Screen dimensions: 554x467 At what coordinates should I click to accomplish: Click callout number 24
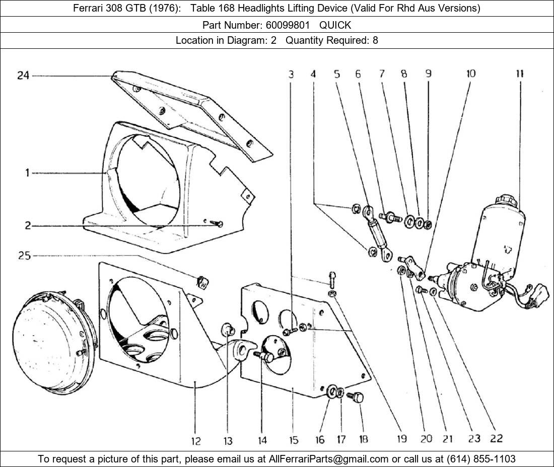(23, 75)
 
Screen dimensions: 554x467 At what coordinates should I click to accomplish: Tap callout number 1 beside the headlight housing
(27, 173)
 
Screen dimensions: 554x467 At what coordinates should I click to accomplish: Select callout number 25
(24, 256)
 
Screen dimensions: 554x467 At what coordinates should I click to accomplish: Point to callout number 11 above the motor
(520, 74)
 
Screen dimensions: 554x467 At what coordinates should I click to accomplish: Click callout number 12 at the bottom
(196, 441)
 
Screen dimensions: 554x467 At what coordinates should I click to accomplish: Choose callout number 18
(363, 439)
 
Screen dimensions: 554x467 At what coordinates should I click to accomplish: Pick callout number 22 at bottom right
(496, 438)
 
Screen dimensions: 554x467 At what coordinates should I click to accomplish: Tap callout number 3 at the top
(291, 74)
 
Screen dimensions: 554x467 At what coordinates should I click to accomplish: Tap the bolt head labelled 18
(357, 398)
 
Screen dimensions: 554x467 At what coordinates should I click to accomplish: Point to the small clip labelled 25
(202, 282)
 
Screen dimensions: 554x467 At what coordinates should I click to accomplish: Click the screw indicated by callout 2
(216, 223)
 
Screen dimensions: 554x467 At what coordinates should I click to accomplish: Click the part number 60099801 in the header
(288, 25)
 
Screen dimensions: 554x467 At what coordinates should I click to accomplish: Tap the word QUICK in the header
(335, 25)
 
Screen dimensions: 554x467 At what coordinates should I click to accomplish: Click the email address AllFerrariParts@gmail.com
(328, 459)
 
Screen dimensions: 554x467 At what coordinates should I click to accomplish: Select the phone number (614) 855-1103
(481, 459)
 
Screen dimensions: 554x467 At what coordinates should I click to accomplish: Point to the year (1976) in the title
(163, 8)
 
